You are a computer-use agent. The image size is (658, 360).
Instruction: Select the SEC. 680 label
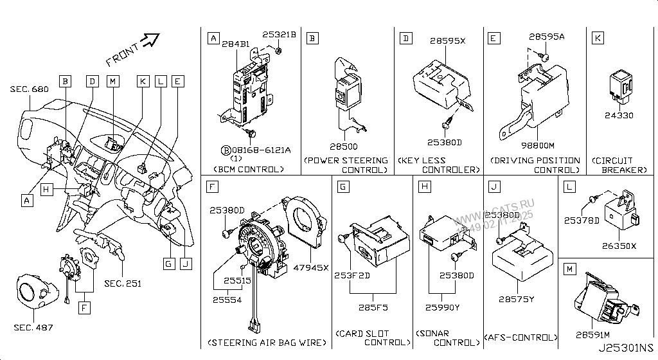[29, 89]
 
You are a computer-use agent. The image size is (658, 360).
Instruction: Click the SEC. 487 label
[34, 328]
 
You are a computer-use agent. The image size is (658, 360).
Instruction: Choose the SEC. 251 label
[123, 283]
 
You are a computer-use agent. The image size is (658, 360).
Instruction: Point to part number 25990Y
[443, 307]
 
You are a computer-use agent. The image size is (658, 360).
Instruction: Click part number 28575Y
[517, 299]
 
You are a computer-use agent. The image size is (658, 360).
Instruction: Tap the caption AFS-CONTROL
[520, 337]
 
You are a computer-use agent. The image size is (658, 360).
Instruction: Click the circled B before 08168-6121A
[226, 150]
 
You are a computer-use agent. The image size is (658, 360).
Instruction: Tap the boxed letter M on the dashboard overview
[112, 81]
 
